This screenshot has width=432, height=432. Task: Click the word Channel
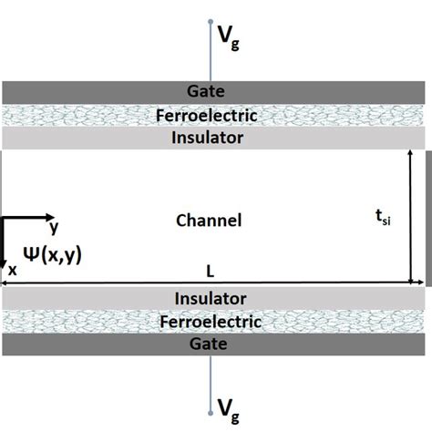pyautogui.click(x=209, y=221)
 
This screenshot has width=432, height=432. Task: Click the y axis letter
pyautogui.click(x=55, y=227)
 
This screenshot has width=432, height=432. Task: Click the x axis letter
pyautogui.click(x=13, y=271)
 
